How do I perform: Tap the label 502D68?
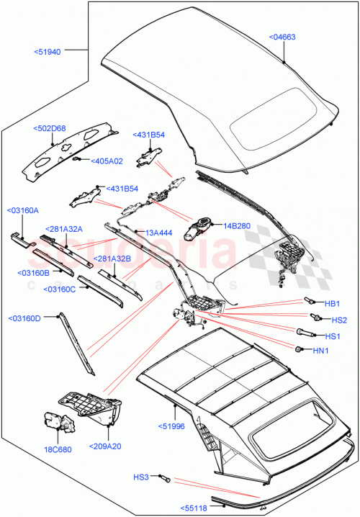(49, 129)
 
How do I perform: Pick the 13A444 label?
(159, 233)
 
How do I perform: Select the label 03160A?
(22, 210)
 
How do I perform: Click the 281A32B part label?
(112, 258)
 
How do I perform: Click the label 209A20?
(107, 447)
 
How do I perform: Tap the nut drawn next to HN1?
(297, 349)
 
